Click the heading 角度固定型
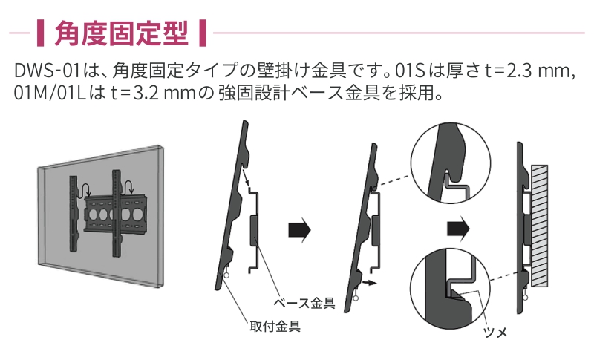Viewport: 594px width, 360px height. coord(124,33)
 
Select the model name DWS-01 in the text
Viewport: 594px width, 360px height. coord(43,73)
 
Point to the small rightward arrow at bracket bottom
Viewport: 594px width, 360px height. coord(368,284)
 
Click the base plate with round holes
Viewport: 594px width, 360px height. coord(111,211)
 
